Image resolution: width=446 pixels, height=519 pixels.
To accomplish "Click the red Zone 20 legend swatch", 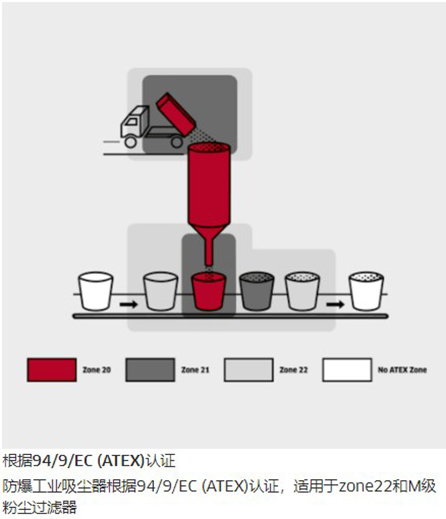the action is click(x=52, y=370).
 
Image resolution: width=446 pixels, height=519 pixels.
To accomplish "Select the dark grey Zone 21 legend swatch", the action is click(x=150, y=370).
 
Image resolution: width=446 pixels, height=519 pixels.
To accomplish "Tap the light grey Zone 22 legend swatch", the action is click(x=249, y=370).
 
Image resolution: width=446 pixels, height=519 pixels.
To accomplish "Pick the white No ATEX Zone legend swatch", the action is click(x=347, y=370).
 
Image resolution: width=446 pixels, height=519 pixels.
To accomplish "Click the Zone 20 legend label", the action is click(x=97, y=370).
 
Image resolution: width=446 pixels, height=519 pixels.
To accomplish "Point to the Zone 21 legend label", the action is click(x=195, y=370).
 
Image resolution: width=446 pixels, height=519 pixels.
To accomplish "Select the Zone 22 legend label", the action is click(x=294, y=370).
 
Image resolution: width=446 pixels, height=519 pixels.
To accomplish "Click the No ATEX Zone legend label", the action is click(x=402, y=370).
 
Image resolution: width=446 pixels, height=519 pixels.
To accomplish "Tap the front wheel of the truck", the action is click(x=130, y=142).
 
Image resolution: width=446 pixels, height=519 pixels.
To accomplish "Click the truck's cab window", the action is click(x=131, y=122).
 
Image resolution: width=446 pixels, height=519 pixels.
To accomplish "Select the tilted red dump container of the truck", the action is click(x=176, y=114).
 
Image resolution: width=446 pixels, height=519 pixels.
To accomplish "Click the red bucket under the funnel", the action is click(x=209, y=291).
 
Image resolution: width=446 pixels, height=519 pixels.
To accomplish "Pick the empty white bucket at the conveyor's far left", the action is click(x=96, y=291).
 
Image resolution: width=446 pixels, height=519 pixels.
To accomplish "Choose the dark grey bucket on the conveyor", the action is click(x=257, y=291).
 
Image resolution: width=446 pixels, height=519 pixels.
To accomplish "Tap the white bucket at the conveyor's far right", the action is click(x=366, y=291).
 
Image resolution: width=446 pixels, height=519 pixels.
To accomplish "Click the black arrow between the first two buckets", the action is click(x=128, y=304).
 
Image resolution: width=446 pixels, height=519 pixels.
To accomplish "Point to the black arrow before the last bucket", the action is click(x=335, y=304).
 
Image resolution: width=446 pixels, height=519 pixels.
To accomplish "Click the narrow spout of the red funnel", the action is click(x=209, y=253).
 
